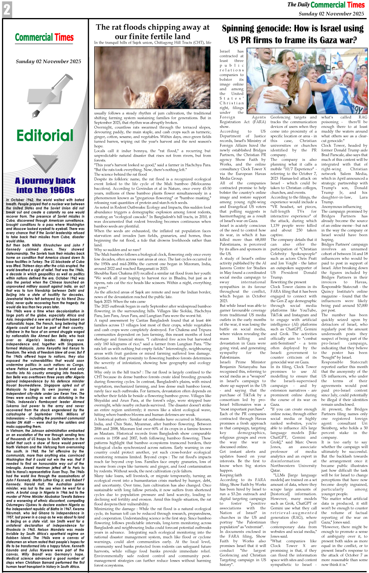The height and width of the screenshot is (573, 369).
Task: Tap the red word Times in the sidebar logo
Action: pyautogui.click(x=64, y=38)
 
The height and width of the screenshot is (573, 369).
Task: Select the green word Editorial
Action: pyautogui.click(x=45, y=135)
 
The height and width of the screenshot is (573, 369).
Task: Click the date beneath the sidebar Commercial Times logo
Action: pyautogui.click(x=48, y=61)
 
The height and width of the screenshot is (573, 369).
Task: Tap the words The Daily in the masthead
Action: pyautogui.click(x=298, y=5)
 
